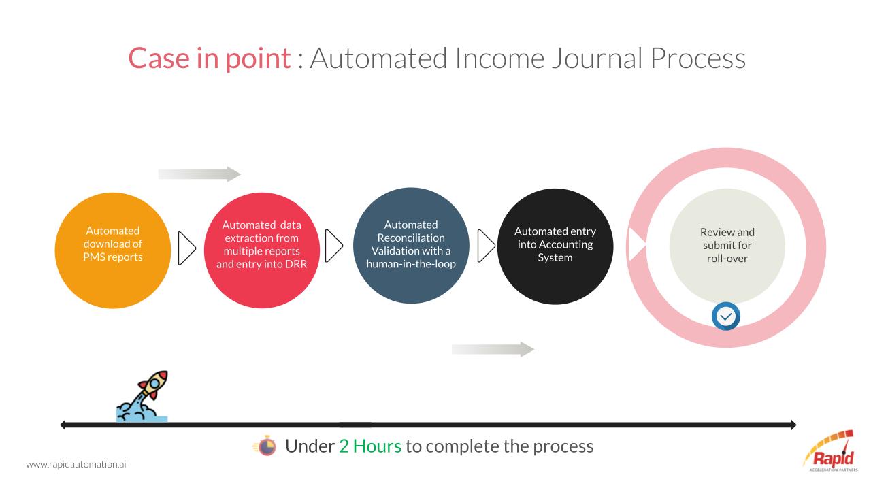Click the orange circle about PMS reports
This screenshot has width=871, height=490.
tap(113, 250)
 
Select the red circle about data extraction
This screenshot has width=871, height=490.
tap(262, 250)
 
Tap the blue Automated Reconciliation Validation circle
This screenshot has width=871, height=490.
tap(411, 246)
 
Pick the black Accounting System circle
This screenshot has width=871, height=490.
tap(555, 246)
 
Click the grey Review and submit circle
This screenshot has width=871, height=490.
tap(727, 246)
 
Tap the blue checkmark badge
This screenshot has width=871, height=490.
tap(726, 316)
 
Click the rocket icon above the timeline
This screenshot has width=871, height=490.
tap(142, 396)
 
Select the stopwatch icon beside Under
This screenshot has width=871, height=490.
tap(265, 446)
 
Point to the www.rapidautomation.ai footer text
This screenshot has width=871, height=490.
tap(76, 464)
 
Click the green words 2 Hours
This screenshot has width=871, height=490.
tap(369, 446)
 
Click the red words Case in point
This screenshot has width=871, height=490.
tap(210, 59)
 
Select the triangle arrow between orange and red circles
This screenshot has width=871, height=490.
tap(186, 248)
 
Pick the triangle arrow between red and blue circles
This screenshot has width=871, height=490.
tap(333, 246)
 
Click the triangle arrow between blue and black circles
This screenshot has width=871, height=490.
tap(486, 246)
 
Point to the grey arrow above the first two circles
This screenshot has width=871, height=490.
tap(199, 174)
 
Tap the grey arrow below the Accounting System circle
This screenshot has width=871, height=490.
tap(493, 349)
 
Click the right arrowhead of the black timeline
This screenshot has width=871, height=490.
tap(793, 425)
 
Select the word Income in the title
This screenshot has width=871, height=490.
tap(499, 59)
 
